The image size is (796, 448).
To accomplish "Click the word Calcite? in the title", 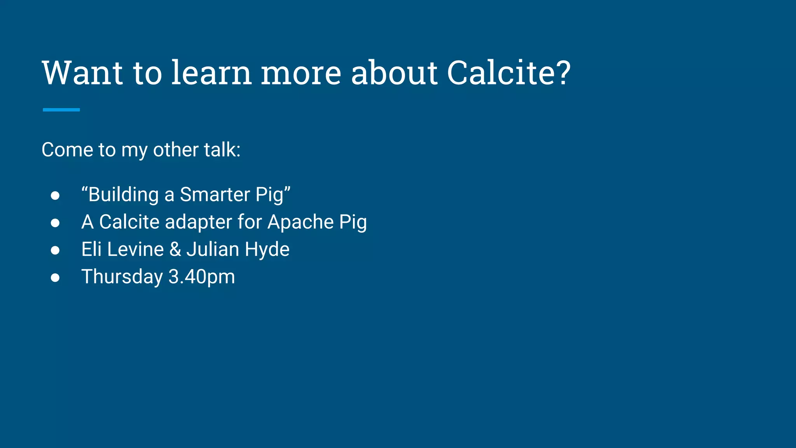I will [x=508, y=73].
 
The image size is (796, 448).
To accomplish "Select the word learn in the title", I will [x=211, y=73].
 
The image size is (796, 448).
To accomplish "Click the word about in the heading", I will [x=394, y=73].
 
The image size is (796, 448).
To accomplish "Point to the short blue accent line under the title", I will [x=61, y=110].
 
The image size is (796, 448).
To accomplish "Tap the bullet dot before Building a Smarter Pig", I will [x=55, y=195].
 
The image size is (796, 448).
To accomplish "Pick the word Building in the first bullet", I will [x=124, y=194].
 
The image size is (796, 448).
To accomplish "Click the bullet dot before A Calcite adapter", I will [x=55, y=223].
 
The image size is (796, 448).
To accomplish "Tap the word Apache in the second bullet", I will [x=300, y=222].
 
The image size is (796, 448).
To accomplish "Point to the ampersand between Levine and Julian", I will [x=175, y=249].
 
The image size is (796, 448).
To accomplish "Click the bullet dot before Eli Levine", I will [x=55, y=250].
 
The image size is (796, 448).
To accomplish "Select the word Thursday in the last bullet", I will [x=122, y=277].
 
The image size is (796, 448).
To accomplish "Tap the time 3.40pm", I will [x=202, y=277].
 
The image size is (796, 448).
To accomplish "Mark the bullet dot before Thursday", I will [x=55, y=278].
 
